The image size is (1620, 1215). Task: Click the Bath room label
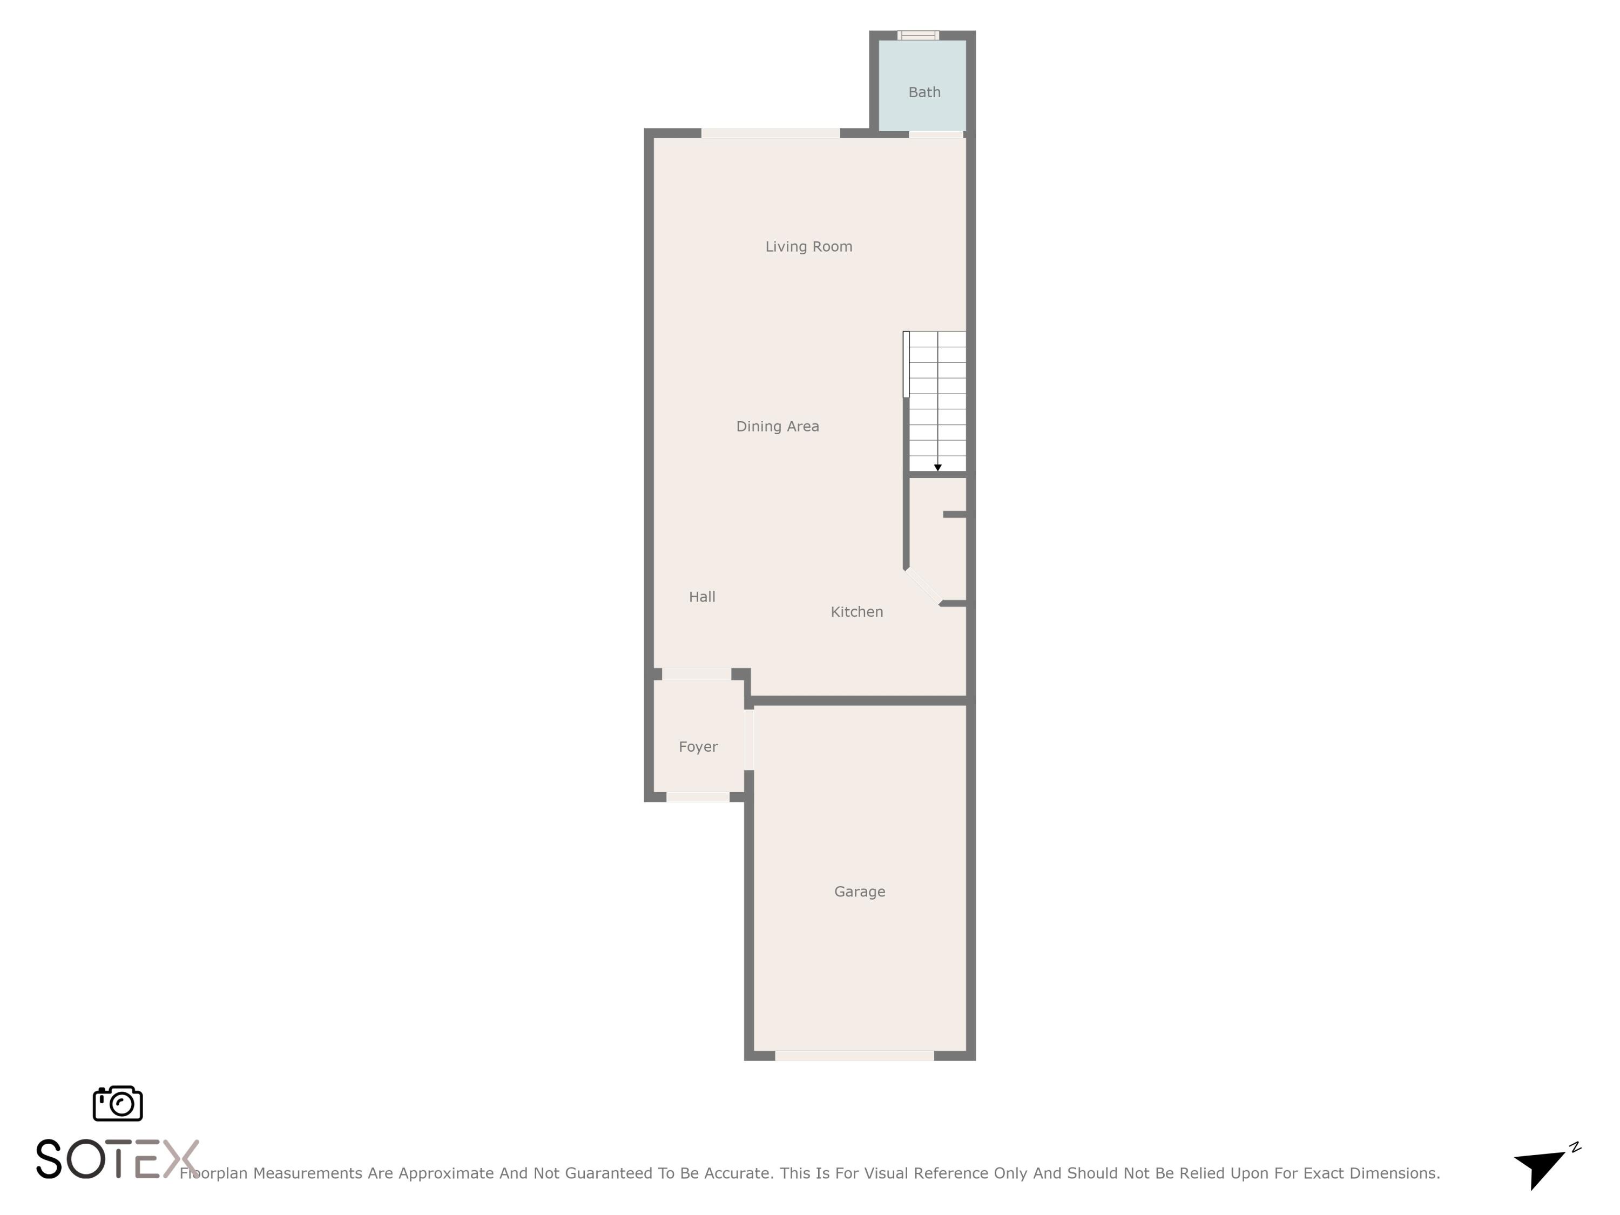(x=924, y=92)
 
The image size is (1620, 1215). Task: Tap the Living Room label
(x=808, y=247)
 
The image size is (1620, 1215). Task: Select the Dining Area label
(x=777, y=426)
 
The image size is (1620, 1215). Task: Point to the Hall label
(x=701, y=597)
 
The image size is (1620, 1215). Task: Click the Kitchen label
(x=856, y=611)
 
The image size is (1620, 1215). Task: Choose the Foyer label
(x=698, y=747)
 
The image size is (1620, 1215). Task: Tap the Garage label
(x=859, y=892)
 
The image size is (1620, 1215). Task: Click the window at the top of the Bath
(x=917, y=35)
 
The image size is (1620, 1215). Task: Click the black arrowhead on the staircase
(x=937, y=467)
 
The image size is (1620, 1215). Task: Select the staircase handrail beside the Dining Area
(x=906, y=364)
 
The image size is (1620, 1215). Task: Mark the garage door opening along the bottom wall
(x=854, y=1055)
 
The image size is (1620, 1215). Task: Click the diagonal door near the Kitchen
(x=923, y=586)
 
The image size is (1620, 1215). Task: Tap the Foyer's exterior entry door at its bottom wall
(x=697, y=797)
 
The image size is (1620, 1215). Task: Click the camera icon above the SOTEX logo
(x=117, y=1104)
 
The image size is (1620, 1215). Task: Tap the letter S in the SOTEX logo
(x=49, y=1159)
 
